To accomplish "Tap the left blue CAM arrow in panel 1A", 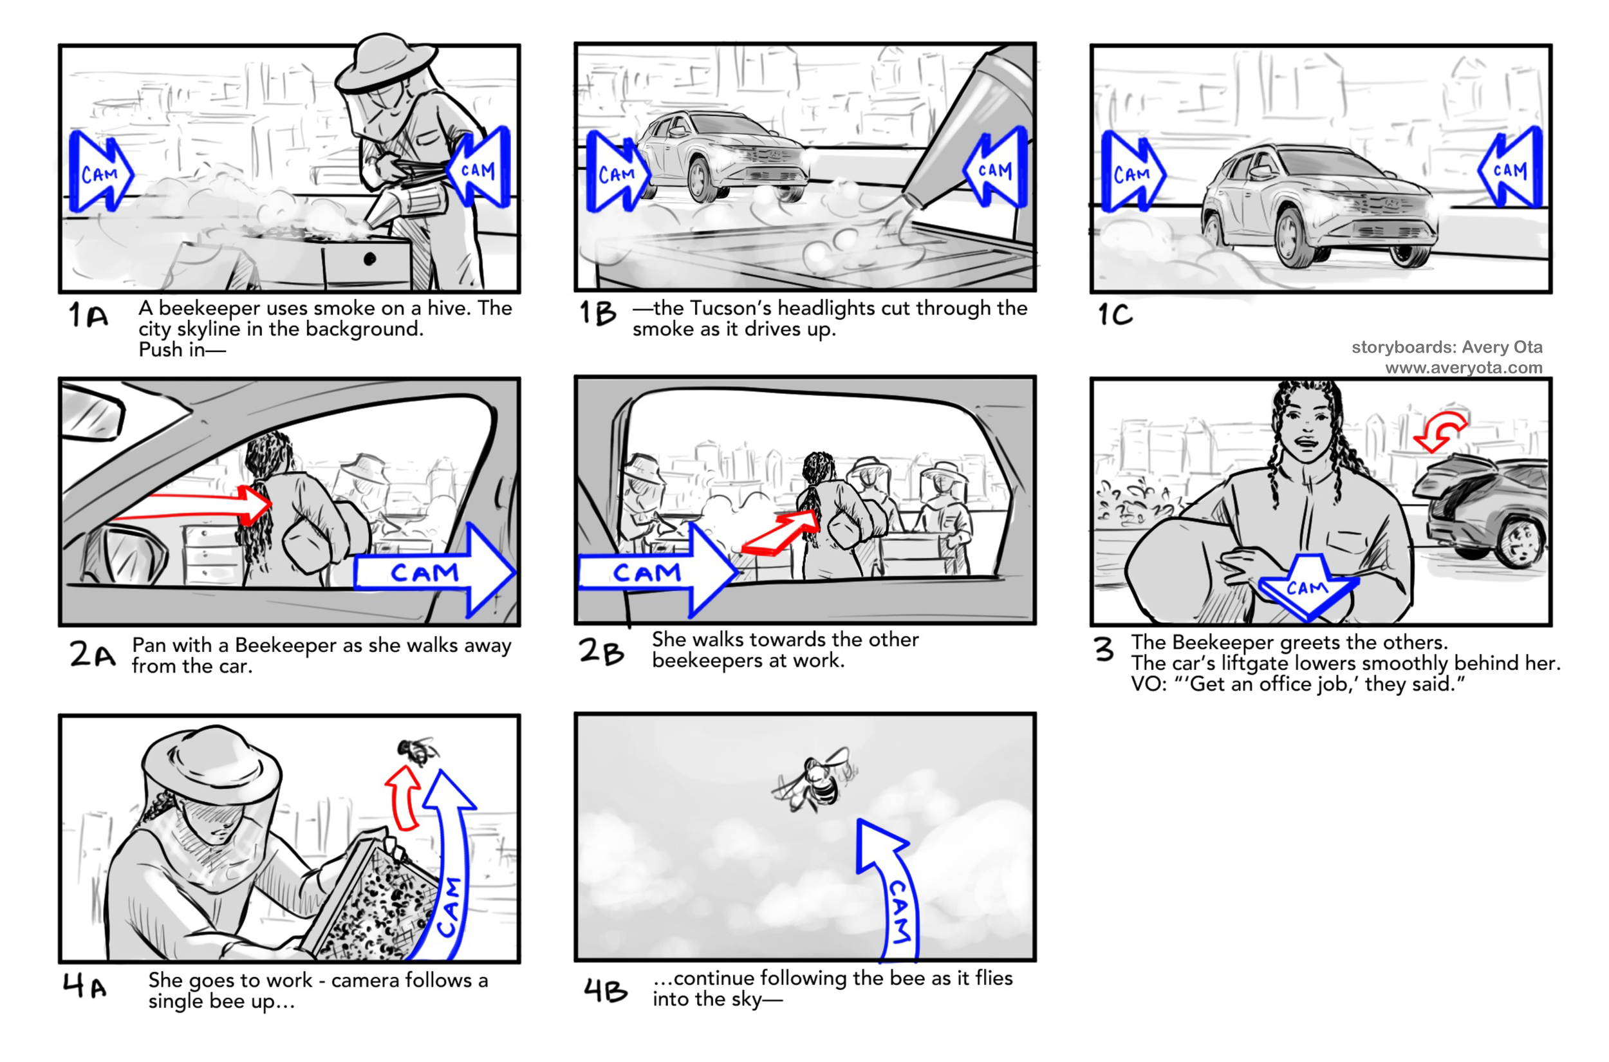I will [99, 172].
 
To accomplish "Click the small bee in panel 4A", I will [416, 750].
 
